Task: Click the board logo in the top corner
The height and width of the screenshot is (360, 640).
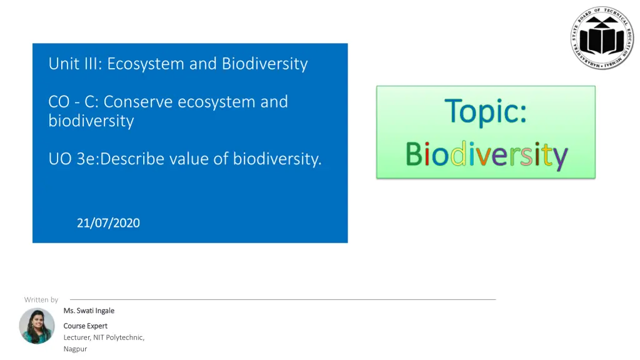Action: pos(602,38)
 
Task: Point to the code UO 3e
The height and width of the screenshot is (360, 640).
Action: pos(73,159)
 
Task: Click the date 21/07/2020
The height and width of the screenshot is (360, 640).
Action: pos(108,223)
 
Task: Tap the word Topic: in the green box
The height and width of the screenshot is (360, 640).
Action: pos(485,112)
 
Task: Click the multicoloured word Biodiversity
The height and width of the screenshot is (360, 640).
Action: pos(486,154)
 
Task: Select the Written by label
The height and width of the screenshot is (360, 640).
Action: pos(41,300)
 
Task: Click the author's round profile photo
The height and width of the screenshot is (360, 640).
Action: pos(37,326)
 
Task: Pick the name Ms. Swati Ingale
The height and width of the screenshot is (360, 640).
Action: pos(89,311)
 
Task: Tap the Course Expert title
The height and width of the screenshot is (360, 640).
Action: pos(86,326)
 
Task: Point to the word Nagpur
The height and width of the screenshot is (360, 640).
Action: pos(76,349)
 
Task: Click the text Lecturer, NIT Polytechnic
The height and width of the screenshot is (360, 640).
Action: pos(104,337)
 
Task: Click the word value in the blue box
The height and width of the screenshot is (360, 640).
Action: pos(189,159)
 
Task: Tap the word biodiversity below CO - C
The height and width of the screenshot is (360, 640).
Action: pos(91,121)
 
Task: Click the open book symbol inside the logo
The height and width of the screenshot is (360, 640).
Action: pos(602,39)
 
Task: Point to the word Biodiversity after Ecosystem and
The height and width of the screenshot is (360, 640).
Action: pos(265,64)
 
